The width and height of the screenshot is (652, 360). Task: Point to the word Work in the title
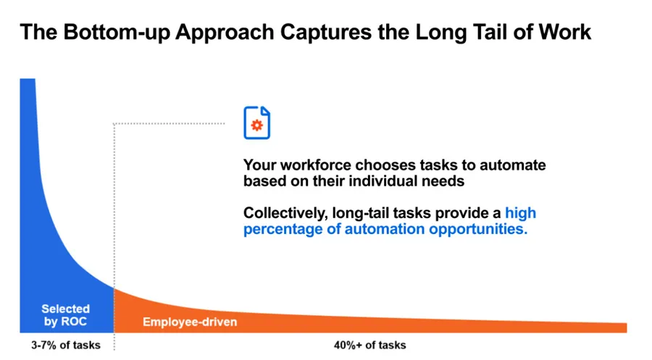click(565, 32)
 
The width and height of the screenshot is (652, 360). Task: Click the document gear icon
click(256, 122)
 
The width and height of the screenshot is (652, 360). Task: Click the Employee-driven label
click(190, 322)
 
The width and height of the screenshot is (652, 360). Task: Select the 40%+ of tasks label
click(369, 345)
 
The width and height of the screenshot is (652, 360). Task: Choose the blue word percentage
click(282, 230)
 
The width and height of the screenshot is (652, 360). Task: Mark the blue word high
click(521, 214)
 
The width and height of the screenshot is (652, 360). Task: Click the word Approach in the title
click(233, 32)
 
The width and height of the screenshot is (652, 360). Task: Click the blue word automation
click(380, 230)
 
